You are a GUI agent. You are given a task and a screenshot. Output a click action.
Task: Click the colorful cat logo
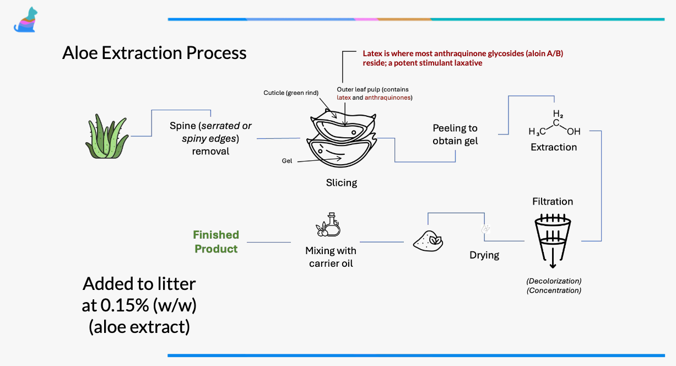(x=24, y=20)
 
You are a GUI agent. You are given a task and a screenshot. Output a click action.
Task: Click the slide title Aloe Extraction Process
(x=154, y=53)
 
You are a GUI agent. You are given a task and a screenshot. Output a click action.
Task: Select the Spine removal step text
(x=210, y=138)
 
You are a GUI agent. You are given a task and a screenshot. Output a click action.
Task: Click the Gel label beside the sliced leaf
(x=286, y=161)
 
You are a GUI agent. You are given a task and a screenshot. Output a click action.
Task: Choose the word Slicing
(x=342, y=183)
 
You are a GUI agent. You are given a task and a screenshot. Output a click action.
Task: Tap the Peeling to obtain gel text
(x=455, y=134)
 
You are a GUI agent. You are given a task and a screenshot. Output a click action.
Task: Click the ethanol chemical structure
(x=554, y=126)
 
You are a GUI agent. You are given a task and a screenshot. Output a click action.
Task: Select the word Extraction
(x=554, y=147)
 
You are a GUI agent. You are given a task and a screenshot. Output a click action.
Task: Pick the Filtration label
(x=553, y=202)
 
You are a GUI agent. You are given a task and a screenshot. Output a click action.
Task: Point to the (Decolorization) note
(x=554, y=281)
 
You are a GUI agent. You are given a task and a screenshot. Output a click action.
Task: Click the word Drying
(x=484, y=255)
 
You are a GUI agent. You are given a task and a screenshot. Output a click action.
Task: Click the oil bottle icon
(x=329, y=225)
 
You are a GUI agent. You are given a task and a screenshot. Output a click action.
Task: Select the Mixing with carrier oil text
(x=331, y=257)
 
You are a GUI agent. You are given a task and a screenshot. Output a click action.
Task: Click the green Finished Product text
(x=216, y=242)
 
